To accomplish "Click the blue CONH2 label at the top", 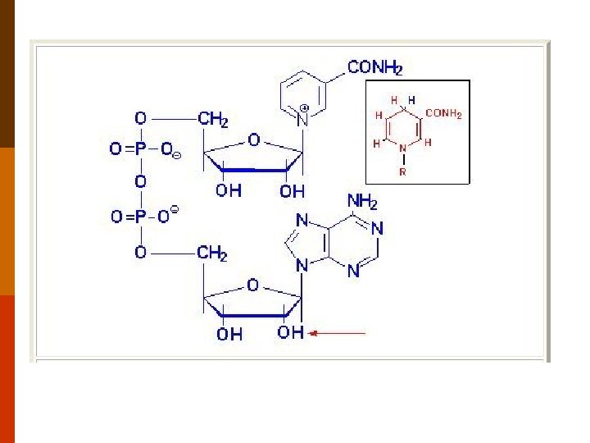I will (374, 68).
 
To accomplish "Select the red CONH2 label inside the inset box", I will (443, 114).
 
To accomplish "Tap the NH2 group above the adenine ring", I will (361, 201).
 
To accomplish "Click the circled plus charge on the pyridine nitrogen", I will (304, 107).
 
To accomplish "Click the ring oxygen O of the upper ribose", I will (254, 141).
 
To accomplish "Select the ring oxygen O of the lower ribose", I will (253, 285).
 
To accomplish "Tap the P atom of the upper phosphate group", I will (141, 150).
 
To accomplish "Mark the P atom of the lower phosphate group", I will (141, 218).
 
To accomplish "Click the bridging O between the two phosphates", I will (141, 182).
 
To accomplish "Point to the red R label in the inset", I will (402, 172).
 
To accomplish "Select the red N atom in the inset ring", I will (402, 148).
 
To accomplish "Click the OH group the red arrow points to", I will (291, 332).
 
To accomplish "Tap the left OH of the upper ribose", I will (229, 191).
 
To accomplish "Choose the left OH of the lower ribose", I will (229, 334).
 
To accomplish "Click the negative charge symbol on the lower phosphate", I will (175, 209).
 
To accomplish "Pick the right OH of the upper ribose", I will (292, 191).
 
